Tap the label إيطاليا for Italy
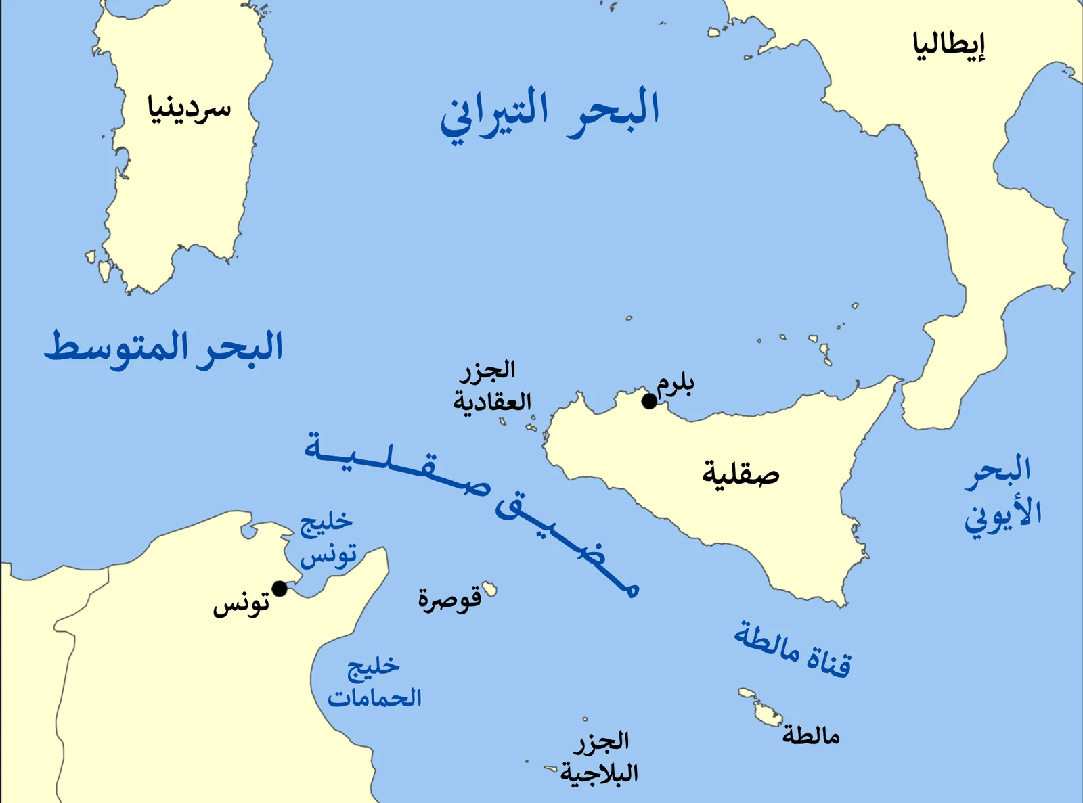point(949,46)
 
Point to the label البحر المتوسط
point(164,348)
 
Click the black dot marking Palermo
point(649,402)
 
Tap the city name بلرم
point(676,384)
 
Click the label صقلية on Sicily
point(741,474)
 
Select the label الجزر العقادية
point(491,386)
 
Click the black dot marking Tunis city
point(280,589)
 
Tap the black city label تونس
point(241,604)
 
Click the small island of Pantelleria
point(489,589)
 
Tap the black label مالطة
point(811,735)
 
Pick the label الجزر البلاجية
point(600,758)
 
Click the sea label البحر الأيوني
point(1002,493)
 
